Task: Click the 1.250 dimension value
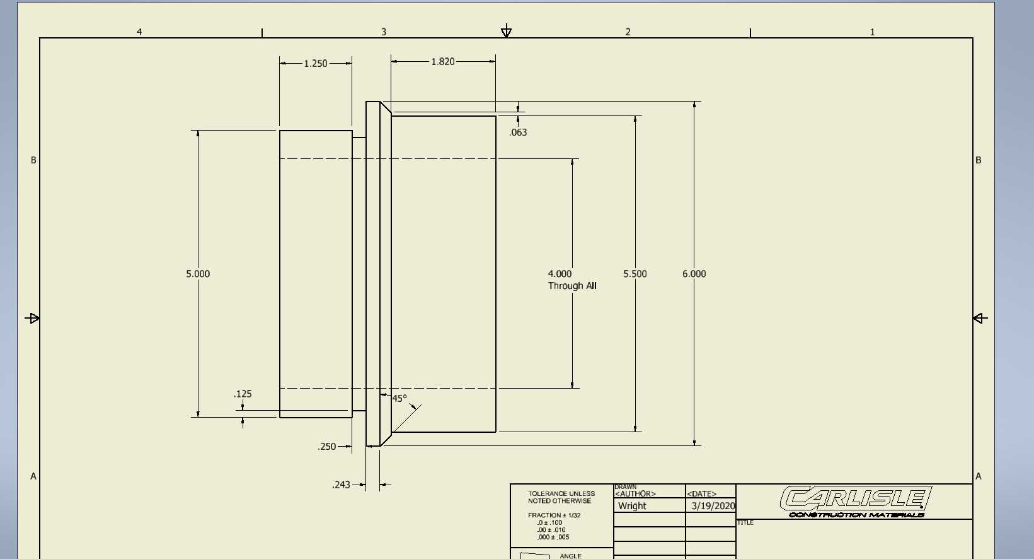(315, 63)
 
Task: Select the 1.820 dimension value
(443, 61)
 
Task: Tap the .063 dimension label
(518, 132)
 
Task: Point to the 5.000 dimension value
(198, 274)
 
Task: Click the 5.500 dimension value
(635, 274)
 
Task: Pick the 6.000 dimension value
(694, 274)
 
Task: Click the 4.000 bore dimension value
(560, 274)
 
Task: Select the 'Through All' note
(572, 286)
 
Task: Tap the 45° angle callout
(399, 398)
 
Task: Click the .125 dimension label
(243, 394)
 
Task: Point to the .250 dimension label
(327, 447)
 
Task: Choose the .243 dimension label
(341, 485)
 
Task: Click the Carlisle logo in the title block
(856, 502)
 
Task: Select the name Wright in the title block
(632, 506)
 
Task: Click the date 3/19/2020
(713, 506)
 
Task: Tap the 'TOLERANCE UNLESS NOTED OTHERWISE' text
(561, 497)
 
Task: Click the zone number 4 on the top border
(139, 32)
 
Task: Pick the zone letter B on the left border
(33, 160)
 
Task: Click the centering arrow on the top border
(507, 31)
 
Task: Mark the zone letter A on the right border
(978, 476)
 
